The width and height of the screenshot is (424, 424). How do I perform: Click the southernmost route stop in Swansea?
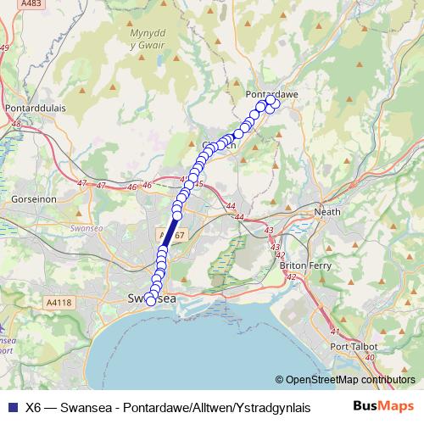[x=151, y=300]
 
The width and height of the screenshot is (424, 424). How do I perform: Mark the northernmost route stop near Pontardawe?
[x=271, y=101]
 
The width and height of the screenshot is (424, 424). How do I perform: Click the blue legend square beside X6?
[x=11, y=406]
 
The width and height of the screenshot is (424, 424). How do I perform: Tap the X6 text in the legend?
[x=34, y=406]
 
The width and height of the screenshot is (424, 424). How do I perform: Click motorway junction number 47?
[x=81, y=183]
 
